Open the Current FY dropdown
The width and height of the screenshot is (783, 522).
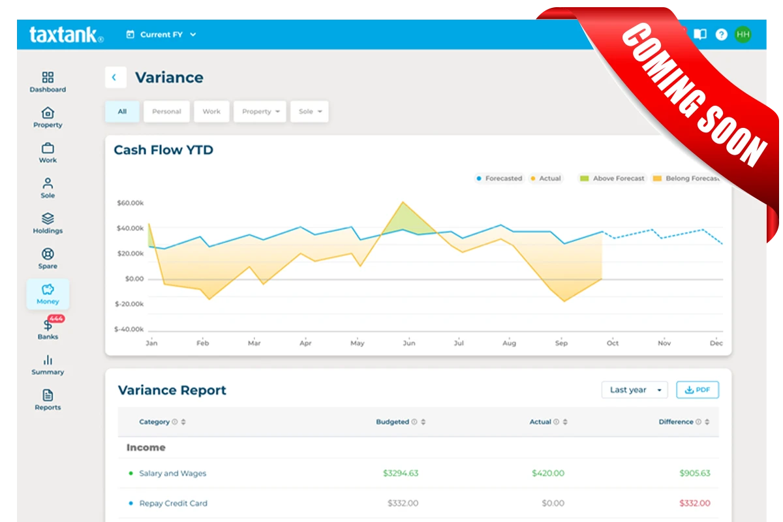161,35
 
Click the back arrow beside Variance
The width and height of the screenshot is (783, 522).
115,78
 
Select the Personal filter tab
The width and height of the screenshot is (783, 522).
166,112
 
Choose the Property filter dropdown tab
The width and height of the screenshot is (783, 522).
260,112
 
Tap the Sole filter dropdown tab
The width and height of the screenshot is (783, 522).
309,112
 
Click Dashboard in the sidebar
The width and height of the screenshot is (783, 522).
48,82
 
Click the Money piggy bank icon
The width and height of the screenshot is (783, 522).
48,289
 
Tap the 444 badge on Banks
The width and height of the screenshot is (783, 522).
56,318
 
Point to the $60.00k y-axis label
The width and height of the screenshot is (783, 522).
130,203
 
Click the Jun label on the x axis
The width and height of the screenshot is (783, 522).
408,343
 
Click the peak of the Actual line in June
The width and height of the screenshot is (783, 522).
403,202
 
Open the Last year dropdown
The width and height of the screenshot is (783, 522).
635,390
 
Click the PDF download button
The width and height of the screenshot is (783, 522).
697,390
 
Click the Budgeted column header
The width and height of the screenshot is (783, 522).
393,422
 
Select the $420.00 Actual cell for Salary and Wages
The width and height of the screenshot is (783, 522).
547,473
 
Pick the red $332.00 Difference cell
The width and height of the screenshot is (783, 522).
694,503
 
